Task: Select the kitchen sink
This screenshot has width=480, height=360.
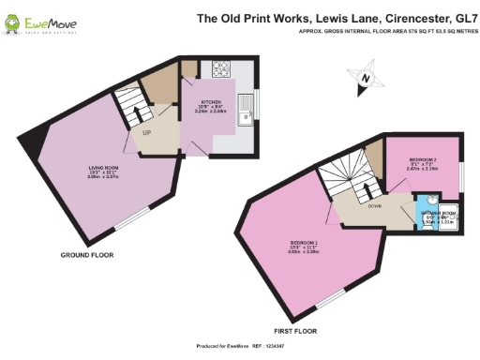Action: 246,111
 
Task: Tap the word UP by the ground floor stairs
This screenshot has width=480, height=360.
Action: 147,131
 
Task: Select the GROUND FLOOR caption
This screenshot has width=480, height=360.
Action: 87,255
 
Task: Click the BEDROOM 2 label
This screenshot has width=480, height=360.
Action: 422,159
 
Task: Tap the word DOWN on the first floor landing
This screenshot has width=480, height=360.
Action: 374,204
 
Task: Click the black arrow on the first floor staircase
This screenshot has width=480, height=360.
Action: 361,187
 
